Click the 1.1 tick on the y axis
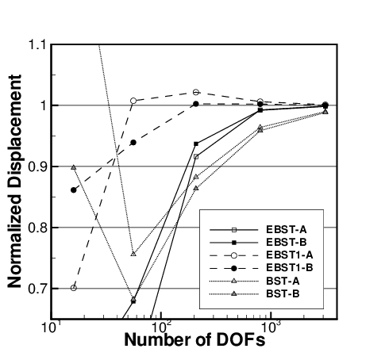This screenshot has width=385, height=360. point(36,44)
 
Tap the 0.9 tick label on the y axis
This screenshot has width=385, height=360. point(36,167)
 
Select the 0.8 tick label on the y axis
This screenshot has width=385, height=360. point(36,228)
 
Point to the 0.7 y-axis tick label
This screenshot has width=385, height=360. point(36,289)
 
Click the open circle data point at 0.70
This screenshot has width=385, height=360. point(74,287)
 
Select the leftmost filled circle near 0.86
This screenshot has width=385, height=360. point(74,190)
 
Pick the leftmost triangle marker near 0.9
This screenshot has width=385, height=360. point(74,167)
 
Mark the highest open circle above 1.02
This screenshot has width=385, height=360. point(197,92)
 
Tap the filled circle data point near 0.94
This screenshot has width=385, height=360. point(133,142)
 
